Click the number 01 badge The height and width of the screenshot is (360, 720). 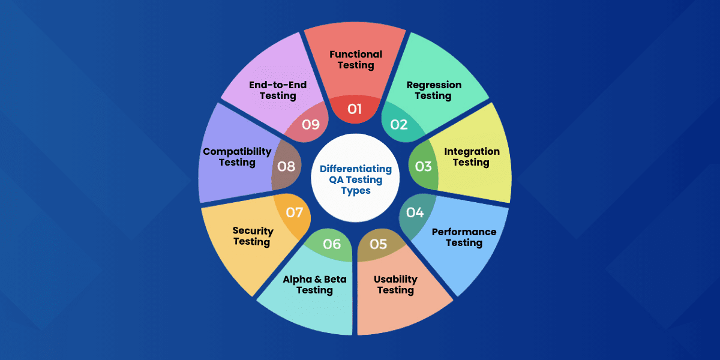pos(355,109)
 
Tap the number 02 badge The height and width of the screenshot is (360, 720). pos(399,124)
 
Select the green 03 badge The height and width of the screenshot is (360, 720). pos(424,166)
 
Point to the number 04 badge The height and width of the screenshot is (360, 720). pos(415,212)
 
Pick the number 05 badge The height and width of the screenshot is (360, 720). pos(379,244)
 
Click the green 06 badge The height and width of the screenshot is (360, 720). pos(332,244)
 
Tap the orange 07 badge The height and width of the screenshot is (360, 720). pos(294,212)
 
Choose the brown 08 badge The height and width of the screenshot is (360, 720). pos(286,166)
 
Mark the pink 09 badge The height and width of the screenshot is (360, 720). pos(311,125)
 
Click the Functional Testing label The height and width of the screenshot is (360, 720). pos(356,60)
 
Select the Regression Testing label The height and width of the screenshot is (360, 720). pos(434,90)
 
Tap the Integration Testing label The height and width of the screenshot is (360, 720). pos(472,157)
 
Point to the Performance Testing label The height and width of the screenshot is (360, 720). pos(464,237)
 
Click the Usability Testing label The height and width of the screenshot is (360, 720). pos(395,284)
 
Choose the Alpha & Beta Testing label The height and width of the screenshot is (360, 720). pos(314,284)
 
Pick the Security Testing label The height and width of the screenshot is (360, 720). pos(253,236)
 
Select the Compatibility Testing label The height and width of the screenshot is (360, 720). pos(237,157)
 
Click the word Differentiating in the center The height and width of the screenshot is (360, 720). pos(356,169)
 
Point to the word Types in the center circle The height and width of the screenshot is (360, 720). pos(356,191)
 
